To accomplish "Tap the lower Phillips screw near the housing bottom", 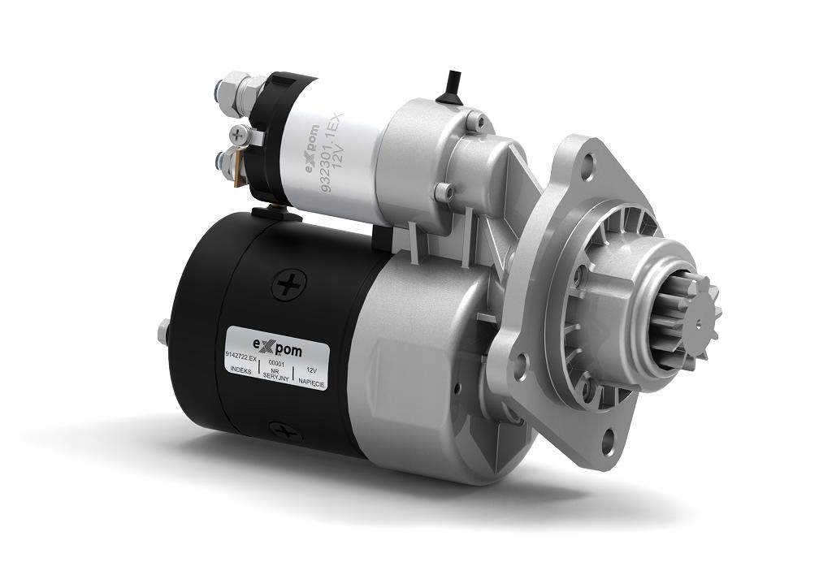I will point(286,432).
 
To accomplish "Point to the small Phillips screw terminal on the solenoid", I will point(237,132).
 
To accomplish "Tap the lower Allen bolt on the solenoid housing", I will point(444,192).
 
